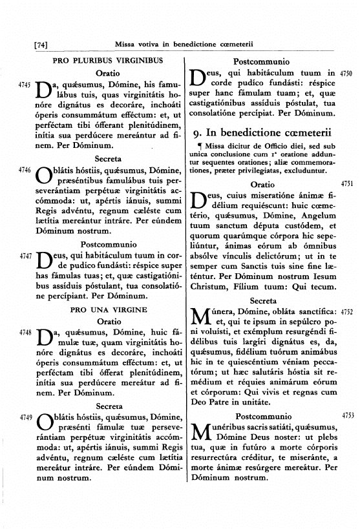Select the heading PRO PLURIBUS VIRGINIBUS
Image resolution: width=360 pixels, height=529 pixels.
[x=107, y=61]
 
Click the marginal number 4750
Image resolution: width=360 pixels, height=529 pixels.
[x=346, y=74]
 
